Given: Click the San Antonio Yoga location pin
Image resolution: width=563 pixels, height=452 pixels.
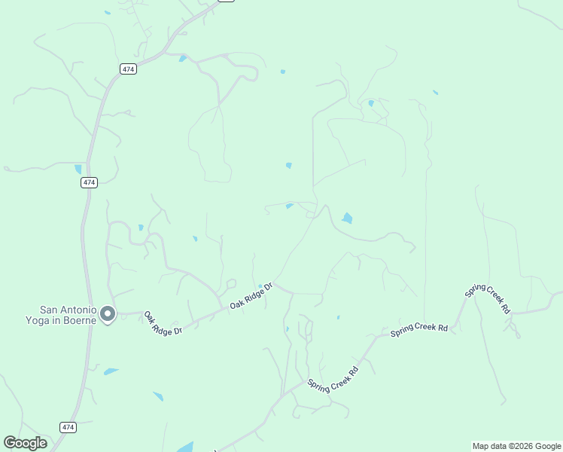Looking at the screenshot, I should [108, 313].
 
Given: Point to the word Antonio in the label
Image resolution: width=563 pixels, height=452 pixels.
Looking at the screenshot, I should [75, 310].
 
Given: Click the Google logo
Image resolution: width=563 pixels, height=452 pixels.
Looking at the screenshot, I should [25, 443].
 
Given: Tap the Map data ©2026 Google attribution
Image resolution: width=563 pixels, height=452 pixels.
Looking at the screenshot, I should [516, 446].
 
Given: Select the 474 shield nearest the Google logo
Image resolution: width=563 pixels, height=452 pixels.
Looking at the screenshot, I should [68, 427].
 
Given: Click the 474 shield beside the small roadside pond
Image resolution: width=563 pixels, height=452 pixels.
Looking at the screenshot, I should [90, 182].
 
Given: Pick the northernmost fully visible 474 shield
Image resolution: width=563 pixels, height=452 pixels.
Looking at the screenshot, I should [127, 69].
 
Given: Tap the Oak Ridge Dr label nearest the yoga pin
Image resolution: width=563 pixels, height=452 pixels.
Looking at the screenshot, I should [163, 324].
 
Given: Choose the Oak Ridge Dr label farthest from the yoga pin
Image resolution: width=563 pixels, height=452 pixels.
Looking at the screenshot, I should [251, 296].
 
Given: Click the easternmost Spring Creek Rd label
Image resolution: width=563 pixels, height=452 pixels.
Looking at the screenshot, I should [488, 300].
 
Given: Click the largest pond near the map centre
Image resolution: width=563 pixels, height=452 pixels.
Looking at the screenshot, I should [346, 218].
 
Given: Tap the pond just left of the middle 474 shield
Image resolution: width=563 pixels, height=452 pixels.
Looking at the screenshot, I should [78, 169].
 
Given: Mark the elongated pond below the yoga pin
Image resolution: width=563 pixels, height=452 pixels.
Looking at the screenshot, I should [111, 371].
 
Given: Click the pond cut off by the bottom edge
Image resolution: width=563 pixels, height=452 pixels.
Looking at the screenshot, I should [185, 447].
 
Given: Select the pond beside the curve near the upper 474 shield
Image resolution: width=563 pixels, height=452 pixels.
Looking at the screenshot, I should [182, 58].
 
